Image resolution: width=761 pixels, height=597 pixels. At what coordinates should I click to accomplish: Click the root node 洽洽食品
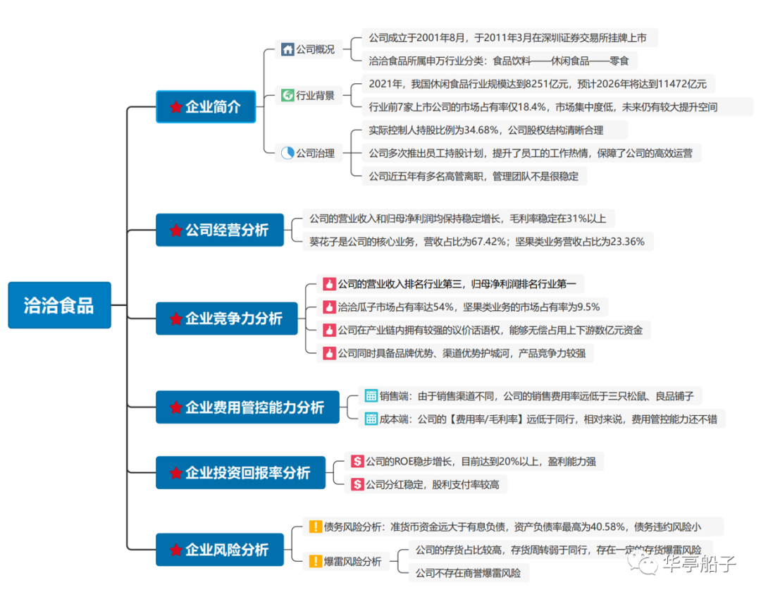pyautogui.click(x=59, y=305)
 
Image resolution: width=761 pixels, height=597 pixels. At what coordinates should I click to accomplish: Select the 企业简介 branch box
pyautogui.click(x=205, y=107)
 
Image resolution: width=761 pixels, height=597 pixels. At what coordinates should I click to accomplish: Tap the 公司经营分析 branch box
pyautogui.click(x=219, y=230)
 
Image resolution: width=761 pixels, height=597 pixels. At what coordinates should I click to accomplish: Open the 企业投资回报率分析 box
pyautogui.click(x=240, y=473)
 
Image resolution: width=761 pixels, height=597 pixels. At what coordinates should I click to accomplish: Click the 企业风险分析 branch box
pyautogui.click(x=219, y=550)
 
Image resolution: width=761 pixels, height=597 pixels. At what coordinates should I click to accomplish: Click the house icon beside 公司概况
pyautogui.click(x=287, y=49)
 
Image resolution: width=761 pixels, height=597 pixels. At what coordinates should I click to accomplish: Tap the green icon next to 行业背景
pyautogui.click(x=287, y=95)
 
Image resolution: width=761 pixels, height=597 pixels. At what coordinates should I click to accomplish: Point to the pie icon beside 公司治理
pyautogui.click(x=287, y=152)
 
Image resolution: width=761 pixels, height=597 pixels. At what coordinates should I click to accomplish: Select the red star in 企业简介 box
pyautogui.click(x=175, y=107)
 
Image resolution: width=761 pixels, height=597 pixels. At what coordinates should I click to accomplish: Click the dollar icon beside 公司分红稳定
pyautogui.click(x=357, y=484)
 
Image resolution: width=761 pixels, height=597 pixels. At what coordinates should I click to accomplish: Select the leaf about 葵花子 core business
pyautogui.click(x=477, y=242)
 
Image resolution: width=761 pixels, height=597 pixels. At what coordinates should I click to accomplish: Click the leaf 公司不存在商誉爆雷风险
pyautogui.click(x=468, y=573)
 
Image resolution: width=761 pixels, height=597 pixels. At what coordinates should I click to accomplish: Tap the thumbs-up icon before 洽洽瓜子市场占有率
pyautogui.click(x=329, y=307)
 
